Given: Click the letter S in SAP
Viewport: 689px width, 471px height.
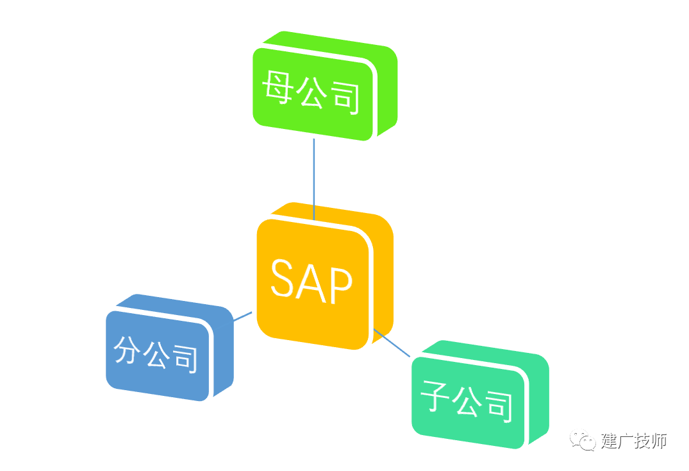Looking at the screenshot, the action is pos(281,277).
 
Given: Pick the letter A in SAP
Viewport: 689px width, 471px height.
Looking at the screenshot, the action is pos(310,282).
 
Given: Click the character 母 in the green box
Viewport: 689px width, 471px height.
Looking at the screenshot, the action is pos(278,86).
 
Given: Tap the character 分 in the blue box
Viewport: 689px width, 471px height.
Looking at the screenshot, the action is pos(128,350).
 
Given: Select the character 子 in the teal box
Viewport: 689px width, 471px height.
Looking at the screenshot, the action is pos(435,395).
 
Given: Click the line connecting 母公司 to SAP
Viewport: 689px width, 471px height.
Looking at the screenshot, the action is pos(314,179).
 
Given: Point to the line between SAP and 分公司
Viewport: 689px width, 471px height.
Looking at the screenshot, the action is pos(242,316).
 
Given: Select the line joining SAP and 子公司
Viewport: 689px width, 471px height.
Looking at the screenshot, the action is pos(392,343).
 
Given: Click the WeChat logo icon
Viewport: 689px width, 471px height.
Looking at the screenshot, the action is pos(583,440).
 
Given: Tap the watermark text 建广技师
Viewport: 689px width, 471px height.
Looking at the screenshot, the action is pos(634,441).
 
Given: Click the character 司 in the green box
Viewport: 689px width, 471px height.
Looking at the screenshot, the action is pos(345,98).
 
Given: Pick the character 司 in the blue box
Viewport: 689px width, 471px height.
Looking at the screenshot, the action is pos(185,359).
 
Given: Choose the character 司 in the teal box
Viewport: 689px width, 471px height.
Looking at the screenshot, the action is pos(499,407).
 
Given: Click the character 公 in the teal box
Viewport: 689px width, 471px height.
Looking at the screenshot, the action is pos(467,401).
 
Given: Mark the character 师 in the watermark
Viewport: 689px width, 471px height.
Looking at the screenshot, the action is pos(659,441).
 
